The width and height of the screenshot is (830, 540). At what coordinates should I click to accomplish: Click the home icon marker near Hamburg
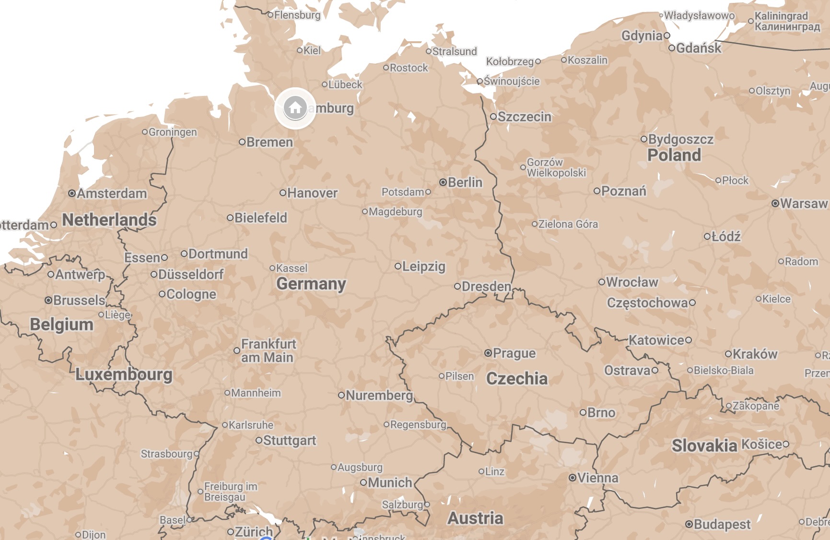click(295, 108)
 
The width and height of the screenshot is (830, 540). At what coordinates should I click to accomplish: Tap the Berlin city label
click(465, 182)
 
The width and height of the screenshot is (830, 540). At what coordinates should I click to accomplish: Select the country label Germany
click(311, 283)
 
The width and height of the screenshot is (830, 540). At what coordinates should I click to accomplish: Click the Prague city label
click(514, 353)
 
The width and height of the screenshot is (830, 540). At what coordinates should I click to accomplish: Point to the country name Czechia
click(516, 378)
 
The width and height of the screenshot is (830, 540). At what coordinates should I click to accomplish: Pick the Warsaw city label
click(804, 203)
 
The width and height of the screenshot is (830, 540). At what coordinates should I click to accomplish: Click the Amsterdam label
click(112, 193)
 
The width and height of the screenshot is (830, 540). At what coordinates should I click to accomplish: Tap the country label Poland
click(674, 155)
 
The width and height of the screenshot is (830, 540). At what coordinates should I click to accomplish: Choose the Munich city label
click(390, 482)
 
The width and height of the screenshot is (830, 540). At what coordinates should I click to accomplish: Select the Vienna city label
click(597, 478)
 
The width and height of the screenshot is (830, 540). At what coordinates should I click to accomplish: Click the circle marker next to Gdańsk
click(672, 48)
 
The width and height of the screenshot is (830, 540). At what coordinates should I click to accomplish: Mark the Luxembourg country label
click(124, 374)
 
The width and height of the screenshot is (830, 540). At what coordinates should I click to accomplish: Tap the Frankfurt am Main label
click(268, 351)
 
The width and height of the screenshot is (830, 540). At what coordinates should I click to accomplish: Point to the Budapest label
click(722, 524)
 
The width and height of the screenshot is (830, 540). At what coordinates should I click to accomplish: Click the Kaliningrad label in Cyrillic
click(787, 27)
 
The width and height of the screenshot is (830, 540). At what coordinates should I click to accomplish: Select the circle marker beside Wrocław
click(602, 282)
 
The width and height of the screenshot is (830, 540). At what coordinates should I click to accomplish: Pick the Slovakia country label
click(704, 446)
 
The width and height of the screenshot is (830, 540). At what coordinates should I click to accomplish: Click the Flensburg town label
click(297, 15)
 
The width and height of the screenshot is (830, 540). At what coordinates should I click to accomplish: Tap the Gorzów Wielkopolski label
click(556, 167)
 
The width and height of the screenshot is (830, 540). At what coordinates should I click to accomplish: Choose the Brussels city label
click(79, 300)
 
